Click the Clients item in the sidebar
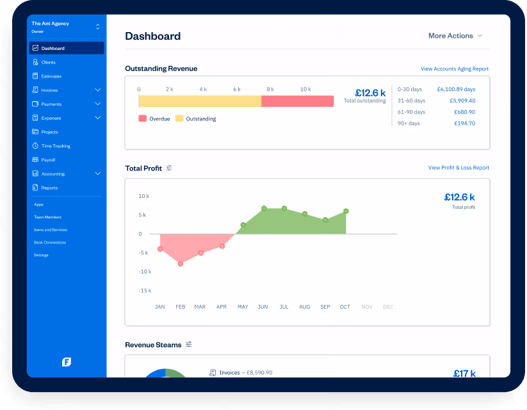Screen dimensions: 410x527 (x=48, y=62)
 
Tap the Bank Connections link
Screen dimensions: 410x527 (x=50, y=242)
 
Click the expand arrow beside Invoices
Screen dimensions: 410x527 (x=97, y=90)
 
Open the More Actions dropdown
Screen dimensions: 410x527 (x=455, y=36)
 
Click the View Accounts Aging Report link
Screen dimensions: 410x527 (x=454, y=69)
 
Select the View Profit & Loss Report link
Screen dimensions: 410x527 (x=458, y=168)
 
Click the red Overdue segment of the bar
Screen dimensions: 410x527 (x=297, y=101)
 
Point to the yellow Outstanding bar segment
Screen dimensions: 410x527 (x=199, y=101)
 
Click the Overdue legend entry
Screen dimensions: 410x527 (x=154, y=119)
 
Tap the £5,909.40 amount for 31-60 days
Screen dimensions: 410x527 (x=462, y=101)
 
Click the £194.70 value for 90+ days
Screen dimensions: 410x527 (x=464, y=123)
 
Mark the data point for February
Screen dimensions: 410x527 (x=181, y=263)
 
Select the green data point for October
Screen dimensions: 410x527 (x=346, y=211)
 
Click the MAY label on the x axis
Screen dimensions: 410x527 (x=243, y=307)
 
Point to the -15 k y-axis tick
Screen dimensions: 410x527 (x=145, y=291)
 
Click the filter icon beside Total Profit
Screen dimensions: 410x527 (x=169, y=168)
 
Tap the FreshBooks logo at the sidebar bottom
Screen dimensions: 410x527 (x=67, y=362)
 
